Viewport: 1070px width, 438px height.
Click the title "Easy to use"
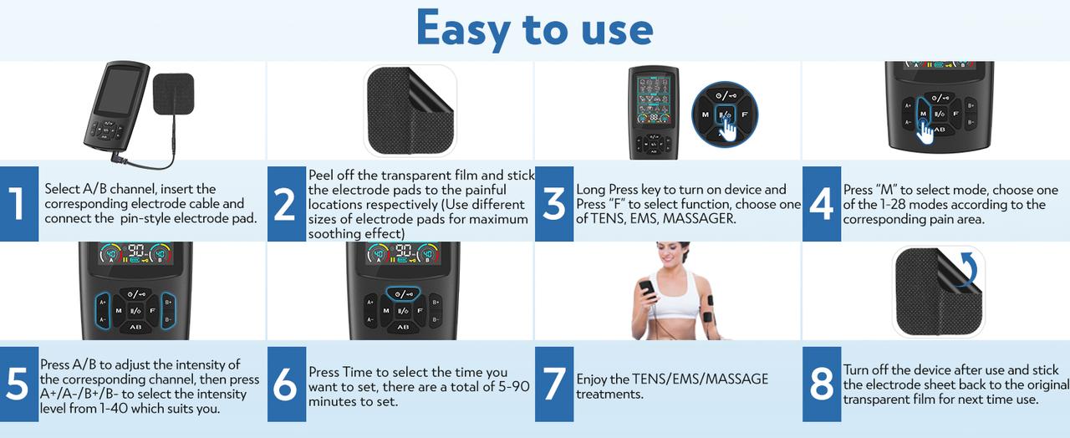pos(534,29)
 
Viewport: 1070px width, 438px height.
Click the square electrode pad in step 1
pos(175,96)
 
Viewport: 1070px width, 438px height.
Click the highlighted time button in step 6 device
pos(402,293)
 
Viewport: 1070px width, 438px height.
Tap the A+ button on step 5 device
pos(103,301)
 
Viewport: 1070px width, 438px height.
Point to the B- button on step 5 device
pos(168,319)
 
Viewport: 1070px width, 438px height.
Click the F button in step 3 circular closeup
pos(743,114)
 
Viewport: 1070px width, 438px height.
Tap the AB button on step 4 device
pos(939,129)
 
